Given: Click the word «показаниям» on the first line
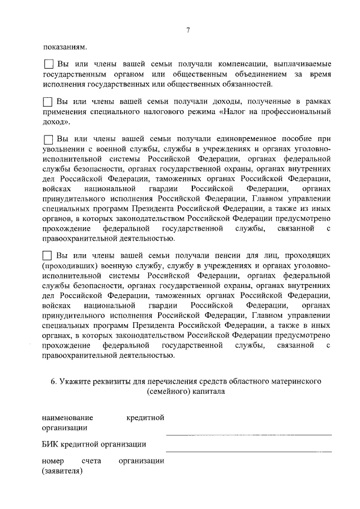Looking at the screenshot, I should coord(64,48).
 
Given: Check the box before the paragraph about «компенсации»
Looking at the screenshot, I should coord(48,65).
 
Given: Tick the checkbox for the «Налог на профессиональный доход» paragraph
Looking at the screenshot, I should coord(48,102).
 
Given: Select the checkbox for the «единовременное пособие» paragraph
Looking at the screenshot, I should coord(48,139).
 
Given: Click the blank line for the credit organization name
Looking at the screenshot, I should coord(248,434).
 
